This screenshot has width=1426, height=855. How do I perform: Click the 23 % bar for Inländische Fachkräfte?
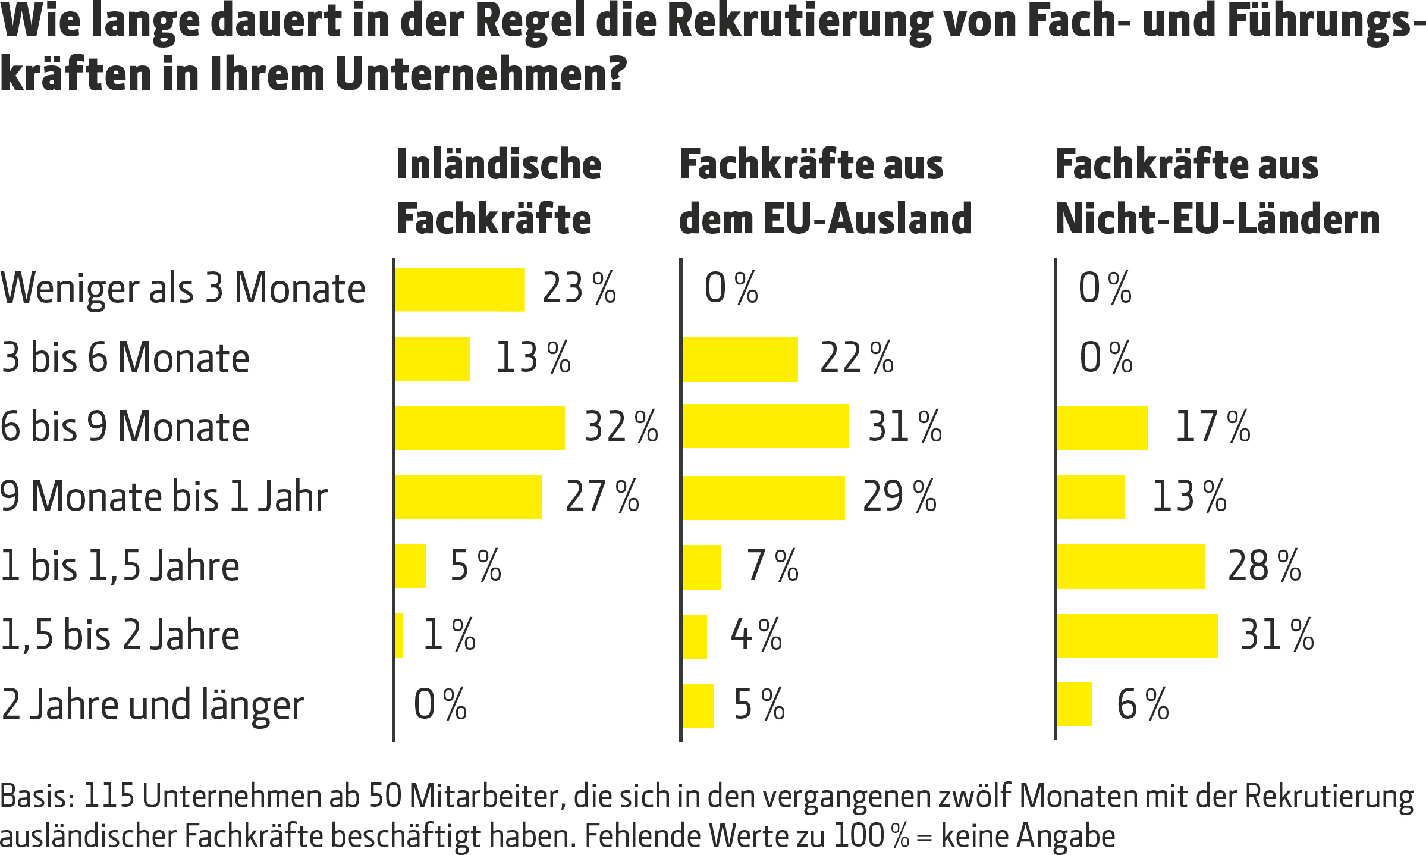pos(460,290)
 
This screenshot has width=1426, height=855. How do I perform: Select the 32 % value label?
pos(621,427)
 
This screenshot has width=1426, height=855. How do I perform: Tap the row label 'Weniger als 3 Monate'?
pos(183,289)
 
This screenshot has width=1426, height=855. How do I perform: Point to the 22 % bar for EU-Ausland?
pos(740,359)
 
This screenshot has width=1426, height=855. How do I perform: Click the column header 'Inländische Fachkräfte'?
pos(498,192)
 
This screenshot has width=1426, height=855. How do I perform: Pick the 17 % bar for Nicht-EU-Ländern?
pos(1103,428)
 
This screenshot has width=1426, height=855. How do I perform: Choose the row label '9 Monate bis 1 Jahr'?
pos(164,496)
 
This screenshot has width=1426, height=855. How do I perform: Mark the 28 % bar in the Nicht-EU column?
pos(1130,566)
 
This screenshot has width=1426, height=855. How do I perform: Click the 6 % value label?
pos(1142,704)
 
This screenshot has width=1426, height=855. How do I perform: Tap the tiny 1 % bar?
pos(399,635)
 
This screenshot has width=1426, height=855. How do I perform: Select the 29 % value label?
pos(899,496)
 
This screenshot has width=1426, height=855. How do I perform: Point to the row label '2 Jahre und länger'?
pos(152,705)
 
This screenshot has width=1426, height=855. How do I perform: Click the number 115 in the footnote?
pos(109,796)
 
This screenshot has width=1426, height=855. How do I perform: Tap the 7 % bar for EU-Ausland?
pos(702,567)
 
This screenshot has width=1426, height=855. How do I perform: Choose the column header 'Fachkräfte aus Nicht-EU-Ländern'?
pos(1217,192)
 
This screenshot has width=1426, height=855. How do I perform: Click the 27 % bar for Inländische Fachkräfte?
pos(469,497)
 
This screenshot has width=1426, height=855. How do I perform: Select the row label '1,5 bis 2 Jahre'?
pos(120,635)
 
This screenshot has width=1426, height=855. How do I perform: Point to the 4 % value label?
pos(756,635)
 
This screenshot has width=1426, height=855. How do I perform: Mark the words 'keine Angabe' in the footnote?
pos(1028,836)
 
